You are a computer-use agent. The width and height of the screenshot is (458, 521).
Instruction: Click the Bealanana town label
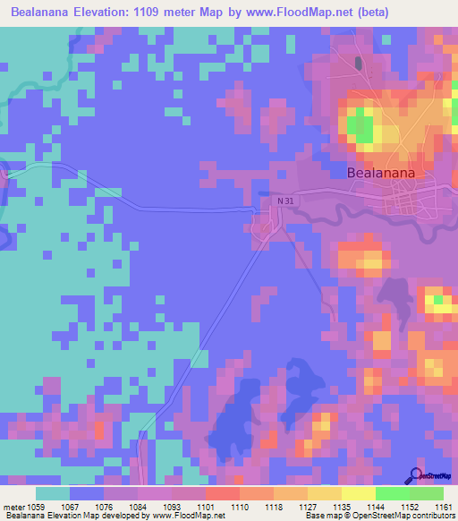click(x=386, y=174)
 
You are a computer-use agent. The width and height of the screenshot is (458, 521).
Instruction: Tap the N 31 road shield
click(x=284, y=201)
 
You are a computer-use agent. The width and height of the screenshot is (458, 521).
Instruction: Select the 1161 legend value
click(x=441, y=507)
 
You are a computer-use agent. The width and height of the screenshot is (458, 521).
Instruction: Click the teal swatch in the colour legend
click(x=53, y=493)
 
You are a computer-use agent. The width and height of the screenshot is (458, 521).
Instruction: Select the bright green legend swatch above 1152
click(x=392, y=493)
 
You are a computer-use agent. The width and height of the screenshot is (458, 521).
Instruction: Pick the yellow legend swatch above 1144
click(x=358, y=493)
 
